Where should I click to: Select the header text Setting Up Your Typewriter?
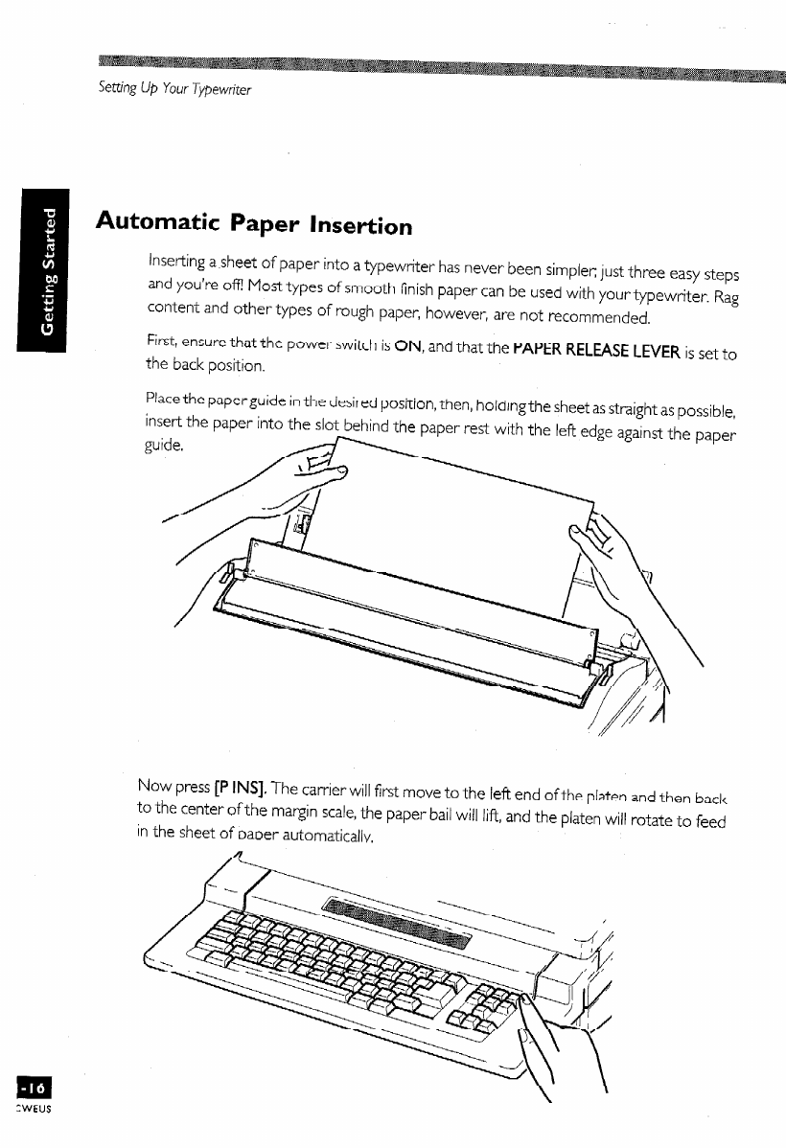coord(174,89)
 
